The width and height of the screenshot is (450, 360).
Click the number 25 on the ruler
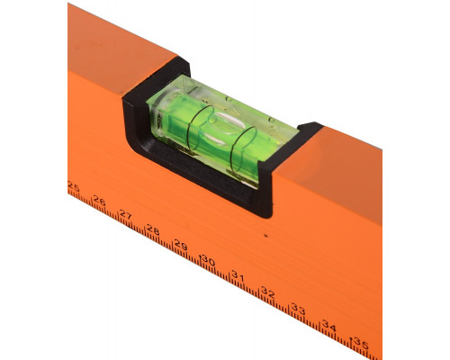(x=74, y=187)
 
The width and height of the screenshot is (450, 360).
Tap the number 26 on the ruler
(x=99, y=201)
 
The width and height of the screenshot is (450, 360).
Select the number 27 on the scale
(x=126, y=215)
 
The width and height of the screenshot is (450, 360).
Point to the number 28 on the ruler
(x=153, y=229)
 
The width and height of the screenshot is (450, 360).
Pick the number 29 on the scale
(x=181, y=245)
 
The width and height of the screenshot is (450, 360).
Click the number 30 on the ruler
(x=209, y=260)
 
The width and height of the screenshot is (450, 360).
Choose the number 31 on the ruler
(x=238, y=276)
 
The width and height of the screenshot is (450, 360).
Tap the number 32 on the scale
(x=267, y=292)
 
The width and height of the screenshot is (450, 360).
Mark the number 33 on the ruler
(x=299, y=309)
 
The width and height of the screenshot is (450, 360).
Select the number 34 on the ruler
(x=329, y=326)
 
